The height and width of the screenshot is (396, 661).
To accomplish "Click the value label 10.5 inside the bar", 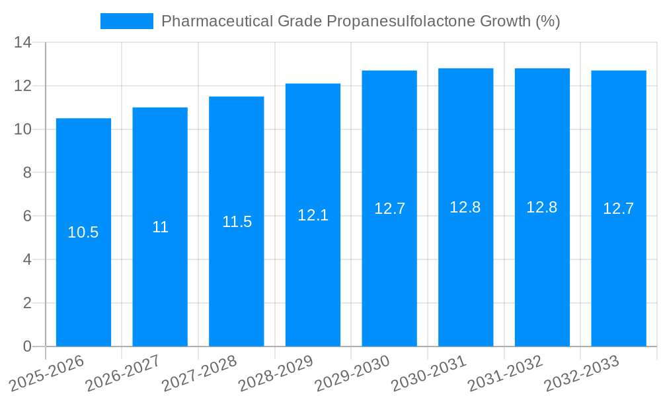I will coord(83,232).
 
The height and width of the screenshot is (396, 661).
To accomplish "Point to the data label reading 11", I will coord(160,227).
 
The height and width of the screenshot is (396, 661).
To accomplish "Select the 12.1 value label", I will coord(313,215).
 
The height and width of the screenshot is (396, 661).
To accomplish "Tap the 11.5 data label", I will coord(237,222).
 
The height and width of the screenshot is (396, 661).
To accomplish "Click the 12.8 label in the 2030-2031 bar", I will coord(465,207).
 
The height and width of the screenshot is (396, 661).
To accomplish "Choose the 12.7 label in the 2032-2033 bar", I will coord(619,209).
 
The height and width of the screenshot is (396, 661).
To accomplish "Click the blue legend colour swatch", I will coord(126,21).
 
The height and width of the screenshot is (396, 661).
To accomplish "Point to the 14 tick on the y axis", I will coord(23,43).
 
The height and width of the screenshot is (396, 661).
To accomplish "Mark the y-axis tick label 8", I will coord(27,173).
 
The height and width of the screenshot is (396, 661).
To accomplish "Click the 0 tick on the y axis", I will coord(27,346).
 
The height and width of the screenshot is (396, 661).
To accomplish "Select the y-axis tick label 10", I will coord(23,129).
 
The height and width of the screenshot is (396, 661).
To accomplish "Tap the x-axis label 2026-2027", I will coord(122,372).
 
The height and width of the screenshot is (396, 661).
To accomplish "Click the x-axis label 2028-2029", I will coord(275,372).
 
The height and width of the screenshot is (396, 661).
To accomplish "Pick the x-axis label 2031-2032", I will coord(505,372).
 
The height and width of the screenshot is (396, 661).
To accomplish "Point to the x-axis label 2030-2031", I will coord(428,372).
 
